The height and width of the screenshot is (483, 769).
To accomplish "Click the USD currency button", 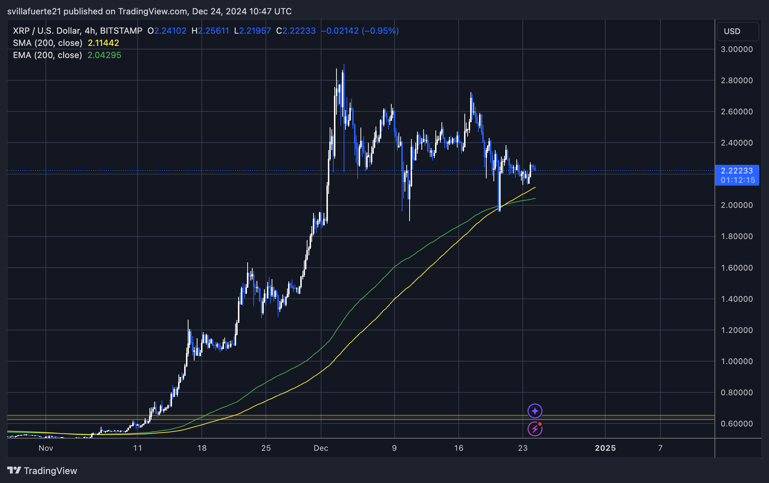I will point(737,32).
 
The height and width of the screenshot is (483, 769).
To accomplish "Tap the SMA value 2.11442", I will point(103,43).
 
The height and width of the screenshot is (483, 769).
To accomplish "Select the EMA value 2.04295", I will point(104,55).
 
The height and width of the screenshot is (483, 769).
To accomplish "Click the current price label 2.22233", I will point(736,171).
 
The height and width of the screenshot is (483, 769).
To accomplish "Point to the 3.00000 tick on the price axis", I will point(736,49).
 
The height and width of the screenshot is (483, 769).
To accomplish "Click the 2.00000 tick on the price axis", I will point(736,205).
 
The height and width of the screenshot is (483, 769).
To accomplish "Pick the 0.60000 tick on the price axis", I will point(736,424).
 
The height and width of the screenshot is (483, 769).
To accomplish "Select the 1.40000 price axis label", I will point(736,299).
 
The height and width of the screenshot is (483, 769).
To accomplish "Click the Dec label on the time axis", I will point(321,448).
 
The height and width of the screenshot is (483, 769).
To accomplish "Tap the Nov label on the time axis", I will point(46,448).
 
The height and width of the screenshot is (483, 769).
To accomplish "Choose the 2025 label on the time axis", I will point(605,448).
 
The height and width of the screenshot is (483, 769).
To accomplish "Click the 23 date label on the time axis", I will point(522,448).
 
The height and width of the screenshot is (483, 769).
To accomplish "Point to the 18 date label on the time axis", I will point(202,448).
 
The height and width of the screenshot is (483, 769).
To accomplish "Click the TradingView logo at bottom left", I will point(42,470).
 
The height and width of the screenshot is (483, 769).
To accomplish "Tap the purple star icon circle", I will point(535,411).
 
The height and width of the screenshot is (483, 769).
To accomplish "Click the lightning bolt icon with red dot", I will point(535,429).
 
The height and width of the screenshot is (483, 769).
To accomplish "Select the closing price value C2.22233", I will point(296,31).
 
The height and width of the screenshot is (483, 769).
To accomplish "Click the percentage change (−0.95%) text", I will point(380,31).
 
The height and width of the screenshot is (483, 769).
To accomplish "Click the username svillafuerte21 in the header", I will point(34,11).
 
